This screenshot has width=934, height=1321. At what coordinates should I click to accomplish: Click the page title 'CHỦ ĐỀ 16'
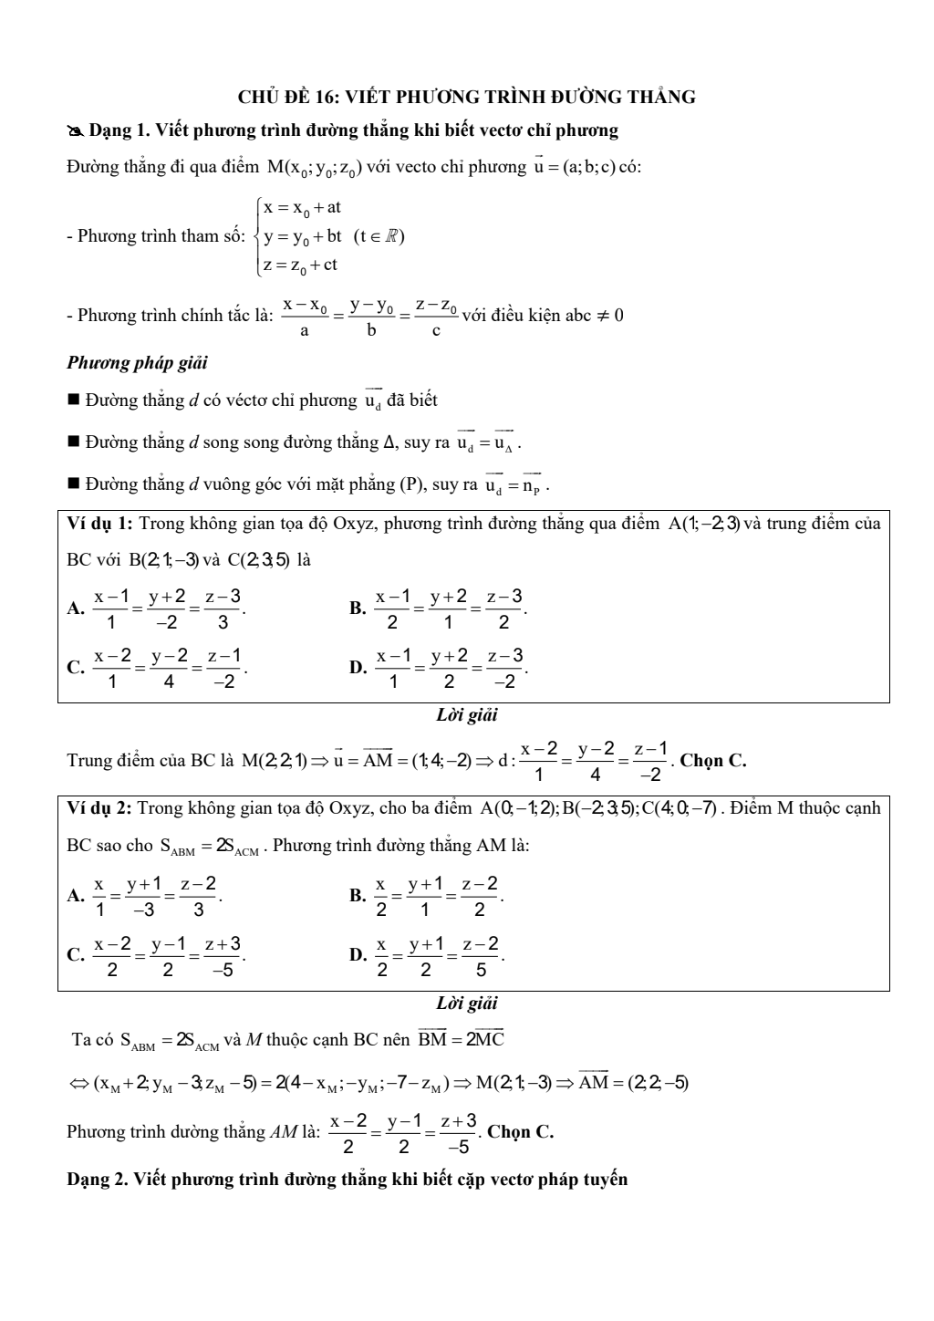coord(466,97)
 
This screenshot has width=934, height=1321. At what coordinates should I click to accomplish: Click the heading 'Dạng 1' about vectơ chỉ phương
coord(352,130)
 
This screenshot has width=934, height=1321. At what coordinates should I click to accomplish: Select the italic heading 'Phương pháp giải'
coord(137,363)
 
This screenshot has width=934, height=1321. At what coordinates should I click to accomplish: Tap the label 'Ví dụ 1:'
coord(100,524)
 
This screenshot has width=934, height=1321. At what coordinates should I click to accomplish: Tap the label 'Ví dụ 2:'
coord(100,808)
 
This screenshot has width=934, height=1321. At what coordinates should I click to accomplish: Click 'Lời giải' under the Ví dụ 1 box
coord(467,716)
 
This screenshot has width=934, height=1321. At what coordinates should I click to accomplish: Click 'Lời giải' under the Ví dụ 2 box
coord(467,1004)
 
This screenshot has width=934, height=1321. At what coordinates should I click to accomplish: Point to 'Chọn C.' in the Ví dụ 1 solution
coord(713,761)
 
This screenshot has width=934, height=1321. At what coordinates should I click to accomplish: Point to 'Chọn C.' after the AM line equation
coord(521,1132)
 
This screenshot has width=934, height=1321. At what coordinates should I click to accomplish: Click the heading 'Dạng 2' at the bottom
coord(347,1180)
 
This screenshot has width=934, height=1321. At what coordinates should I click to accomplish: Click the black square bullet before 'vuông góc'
coord(74,484)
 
